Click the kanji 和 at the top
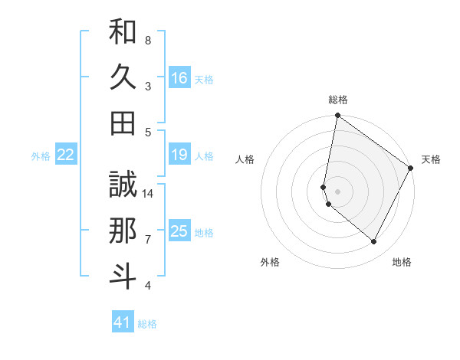[123, 31]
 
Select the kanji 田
[123, 123]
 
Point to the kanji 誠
[123, 185]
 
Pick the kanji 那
[123, 231]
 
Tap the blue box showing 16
[179, 77]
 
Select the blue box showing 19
[179, 155]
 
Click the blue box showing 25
[179, 231]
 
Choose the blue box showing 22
[66, 155]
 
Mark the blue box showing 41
[123, 322]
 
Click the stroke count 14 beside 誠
[149, 193]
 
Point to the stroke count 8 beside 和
[148, 40]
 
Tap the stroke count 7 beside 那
[148, 240]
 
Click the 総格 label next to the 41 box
[147, 324]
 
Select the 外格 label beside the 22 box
[41, 156]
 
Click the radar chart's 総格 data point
[337, 116]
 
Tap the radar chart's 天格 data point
[411, 169]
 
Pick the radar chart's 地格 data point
[374, 242]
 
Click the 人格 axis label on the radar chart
[245, 159]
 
